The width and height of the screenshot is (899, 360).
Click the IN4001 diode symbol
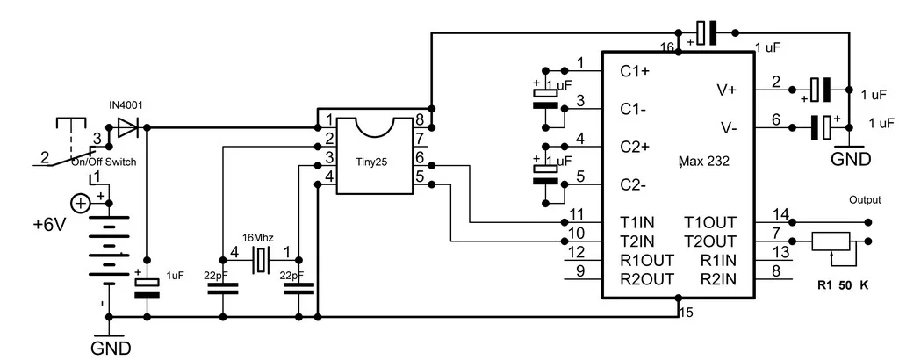point(128,128)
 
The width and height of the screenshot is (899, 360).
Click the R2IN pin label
point(718,279)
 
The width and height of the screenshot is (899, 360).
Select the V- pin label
point(729,128)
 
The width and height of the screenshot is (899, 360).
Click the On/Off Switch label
point(104,162)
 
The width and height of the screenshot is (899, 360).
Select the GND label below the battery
point(112,348)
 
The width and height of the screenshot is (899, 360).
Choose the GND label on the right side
point(851,160)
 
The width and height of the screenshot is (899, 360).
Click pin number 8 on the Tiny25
point(420,119)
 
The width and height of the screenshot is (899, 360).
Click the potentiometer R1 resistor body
point(830,241)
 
